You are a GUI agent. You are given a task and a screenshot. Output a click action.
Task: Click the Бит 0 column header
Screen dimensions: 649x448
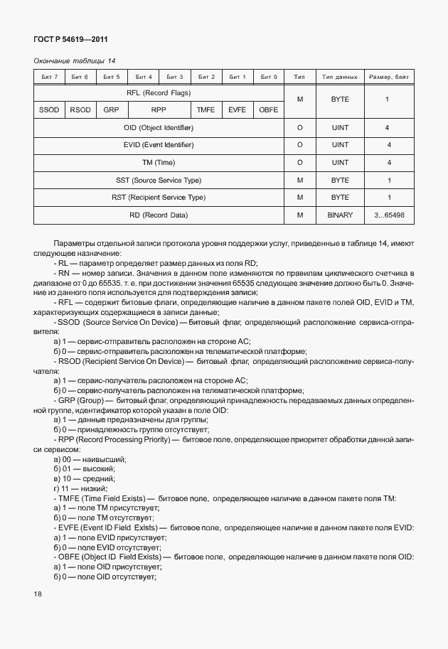coord(268,76)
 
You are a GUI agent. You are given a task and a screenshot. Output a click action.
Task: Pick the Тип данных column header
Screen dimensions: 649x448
coord(340,76)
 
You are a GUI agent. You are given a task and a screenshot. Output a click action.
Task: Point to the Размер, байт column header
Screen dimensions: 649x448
coord(388,76)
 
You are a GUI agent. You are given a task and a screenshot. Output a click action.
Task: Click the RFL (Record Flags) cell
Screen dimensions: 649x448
coord(159,93)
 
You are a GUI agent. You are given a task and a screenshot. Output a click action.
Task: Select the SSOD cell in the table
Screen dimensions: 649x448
coord(49,110)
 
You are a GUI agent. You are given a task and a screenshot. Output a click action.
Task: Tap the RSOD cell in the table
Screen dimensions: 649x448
coord(80,110)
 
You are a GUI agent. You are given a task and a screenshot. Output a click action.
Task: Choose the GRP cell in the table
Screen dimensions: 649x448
coord(111,110)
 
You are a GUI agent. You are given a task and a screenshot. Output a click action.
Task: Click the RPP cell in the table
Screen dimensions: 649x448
coord(159,110)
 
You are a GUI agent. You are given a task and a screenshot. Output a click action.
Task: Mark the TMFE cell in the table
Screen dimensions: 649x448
coord(206,110)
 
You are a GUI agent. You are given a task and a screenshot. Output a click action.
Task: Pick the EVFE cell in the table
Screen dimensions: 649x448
coord(237,110)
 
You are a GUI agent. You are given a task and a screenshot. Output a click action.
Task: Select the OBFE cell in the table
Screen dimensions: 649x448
coord(268,110)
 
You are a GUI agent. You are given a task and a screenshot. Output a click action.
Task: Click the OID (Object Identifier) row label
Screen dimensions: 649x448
coord(159,128)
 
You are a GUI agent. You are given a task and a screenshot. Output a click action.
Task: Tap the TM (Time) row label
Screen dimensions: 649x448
coord(159,163)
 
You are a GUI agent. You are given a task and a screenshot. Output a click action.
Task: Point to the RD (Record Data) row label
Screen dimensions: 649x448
coord(159,215)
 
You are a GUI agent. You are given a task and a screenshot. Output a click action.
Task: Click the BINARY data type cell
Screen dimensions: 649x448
coord(340,215)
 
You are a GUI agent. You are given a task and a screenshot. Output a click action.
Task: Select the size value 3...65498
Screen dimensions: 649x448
coord(388,215)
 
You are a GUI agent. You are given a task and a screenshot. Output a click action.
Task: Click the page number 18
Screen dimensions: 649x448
coord(38,593)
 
